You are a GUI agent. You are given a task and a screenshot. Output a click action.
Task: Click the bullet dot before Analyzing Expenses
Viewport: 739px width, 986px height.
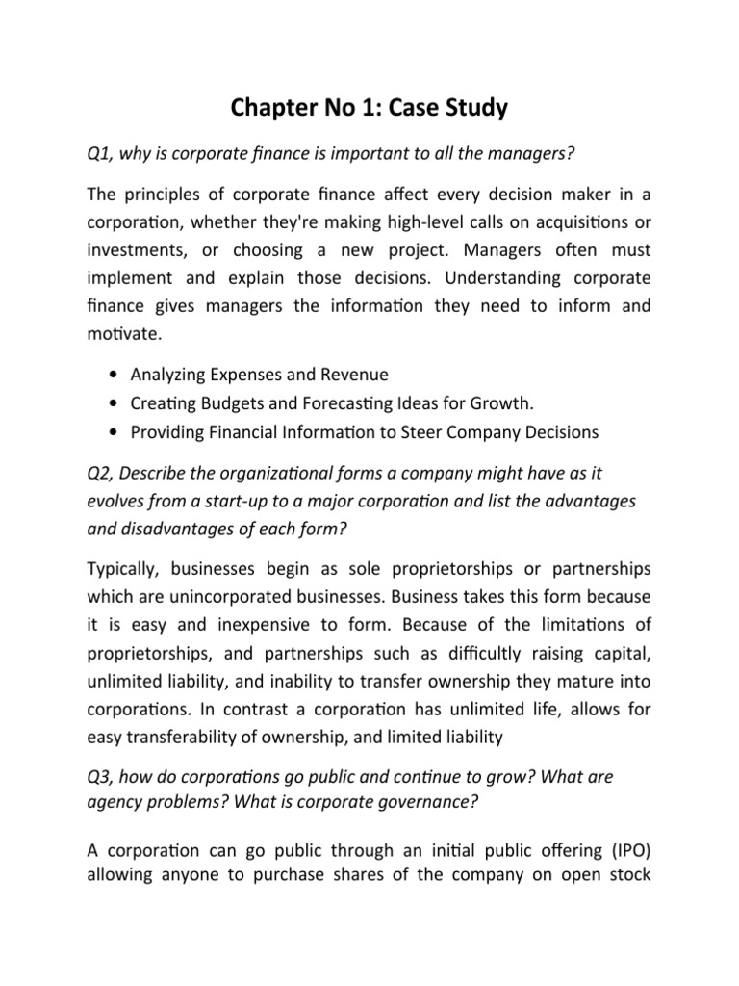point(116,374)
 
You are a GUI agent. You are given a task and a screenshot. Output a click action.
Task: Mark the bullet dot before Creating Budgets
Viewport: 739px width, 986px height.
point(116,403)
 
